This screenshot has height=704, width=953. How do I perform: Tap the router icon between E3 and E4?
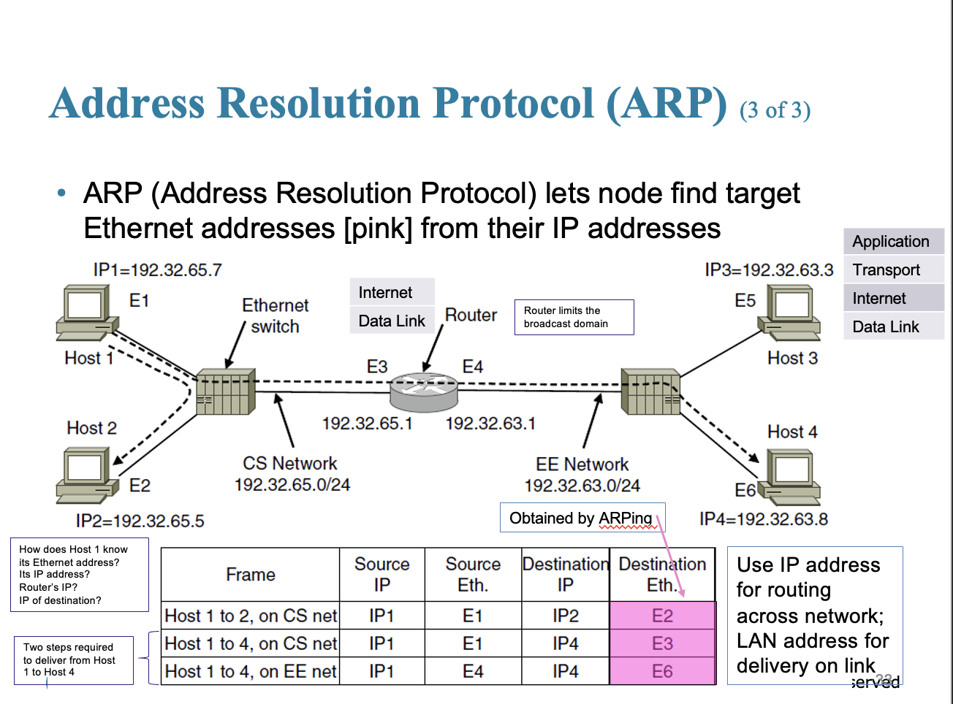click(424, 392)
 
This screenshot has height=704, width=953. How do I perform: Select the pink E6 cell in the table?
click(662, 671)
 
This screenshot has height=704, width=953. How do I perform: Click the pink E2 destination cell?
click(662, 616)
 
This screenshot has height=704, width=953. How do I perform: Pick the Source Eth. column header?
click(473, 574)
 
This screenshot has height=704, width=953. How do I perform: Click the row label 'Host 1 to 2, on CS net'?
click(251, 616)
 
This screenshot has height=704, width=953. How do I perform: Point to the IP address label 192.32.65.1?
click(367, 424)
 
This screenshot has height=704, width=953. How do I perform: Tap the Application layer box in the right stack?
click(892, 241)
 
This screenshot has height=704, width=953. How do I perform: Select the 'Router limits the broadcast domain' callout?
click(574, 317)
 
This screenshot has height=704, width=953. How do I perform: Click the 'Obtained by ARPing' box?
click(582, 518)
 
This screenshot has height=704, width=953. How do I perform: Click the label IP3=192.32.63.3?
click(768, 270)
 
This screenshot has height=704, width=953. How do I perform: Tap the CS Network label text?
click(290, 464)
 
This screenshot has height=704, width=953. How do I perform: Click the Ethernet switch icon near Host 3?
click(650, 392)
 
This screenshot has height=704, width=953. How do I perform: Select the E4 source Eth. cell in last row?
click(473, 671)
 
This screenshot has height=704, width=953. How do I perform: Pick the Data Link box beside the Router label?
click(392, 321)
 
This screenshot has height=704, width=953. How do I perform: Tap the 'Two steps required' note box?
click(73, 659)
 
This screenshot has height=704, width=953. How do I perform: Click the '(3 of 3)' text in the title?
click(775, 110)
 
